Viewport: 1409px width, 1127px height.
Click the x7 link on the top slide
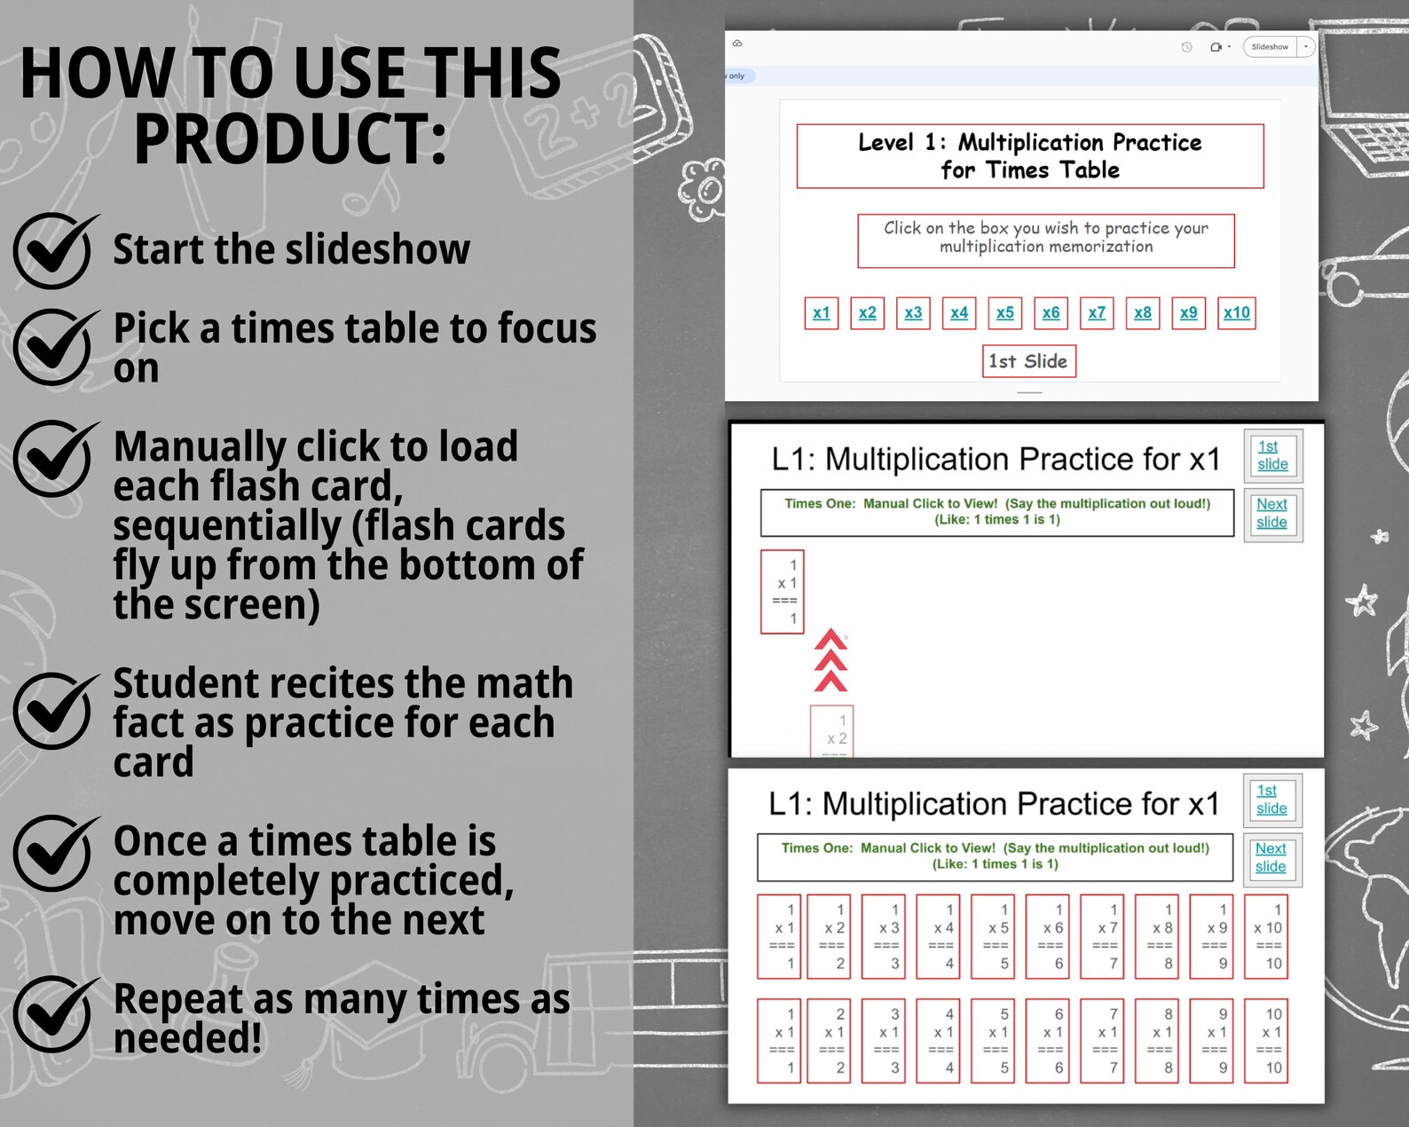click(1097, 312)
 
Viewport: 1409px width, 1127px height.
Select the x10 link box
click(1236, 312)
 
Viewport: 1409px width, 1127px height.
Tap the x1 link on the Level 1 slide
click(821, 312)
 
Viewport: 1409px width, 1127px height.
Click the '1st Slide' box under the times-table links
click(1028, 361)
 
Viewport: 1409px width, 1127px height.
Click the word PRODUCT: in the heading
click(290, 139)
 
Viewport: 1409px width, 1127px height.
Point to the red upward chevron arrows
click(830, 660)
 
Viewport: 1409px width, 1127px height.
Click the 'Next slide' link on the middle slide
click(1271, 513)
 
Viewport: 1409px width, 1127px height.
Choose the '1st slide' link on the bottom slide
click(1271, 799)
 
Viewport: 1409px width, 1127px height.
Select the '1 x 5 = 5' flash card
click(998, 936)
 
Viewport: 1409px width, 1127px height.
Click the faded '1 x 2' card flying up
click(832, 730)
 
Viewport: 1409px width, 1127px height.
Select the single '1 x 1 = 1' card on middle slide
click(783, 591)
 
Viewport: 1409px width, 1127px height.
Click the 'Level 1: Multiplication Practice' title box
click(1029, 156)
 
